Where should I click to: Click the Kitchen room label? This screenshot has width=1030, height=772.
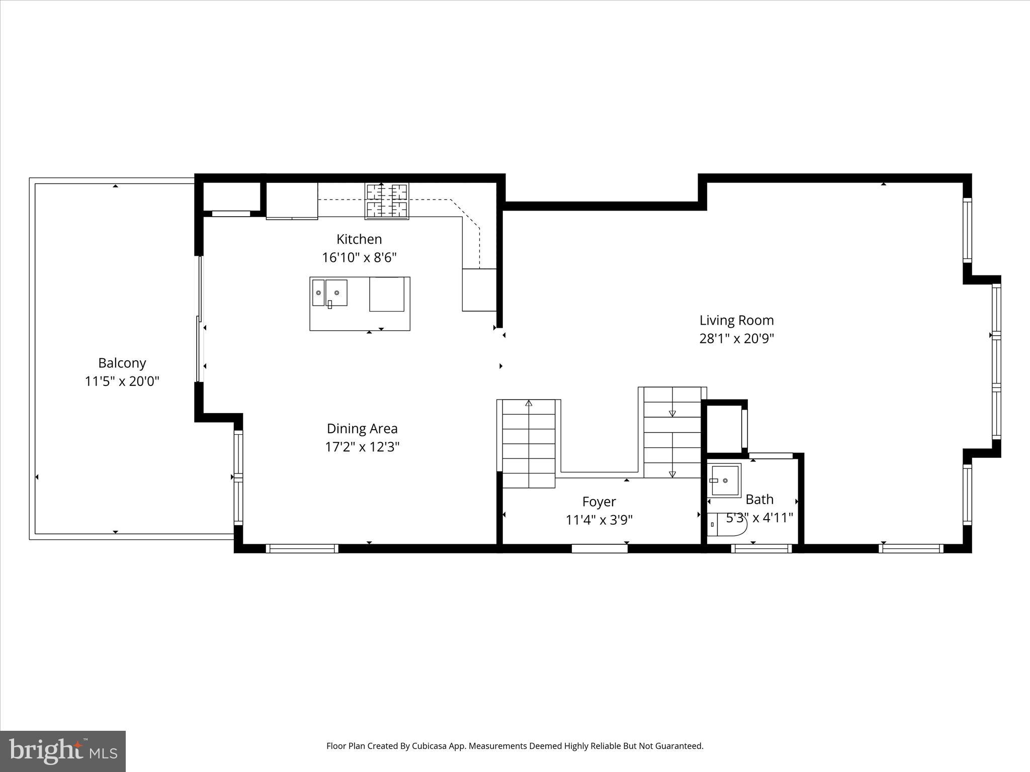tap(359, 239)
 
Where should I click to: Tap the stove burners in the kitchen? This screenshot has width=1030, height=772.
tap(387, 201)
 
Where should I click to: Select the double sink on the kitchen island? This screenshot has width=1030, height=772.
tap(329, 293)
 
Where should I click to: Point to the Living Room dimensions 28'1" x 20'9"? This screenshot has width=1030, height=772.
tap(736, 339)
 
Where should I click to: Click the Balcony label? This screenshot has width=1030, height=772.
tap(122, 363)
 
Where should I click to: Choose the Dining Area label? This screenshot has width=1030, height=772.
tap(362, 429)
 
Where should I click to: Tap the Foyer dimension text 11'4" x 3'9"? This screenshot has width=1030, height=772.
tap(599, 520)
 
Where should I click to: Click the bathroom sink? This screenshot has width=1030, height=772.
tap(724, 480)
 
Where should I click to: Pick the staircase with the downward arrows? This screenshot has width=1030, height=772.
tap(672, 432)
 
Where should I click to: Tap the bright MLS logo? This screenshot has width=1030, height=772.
tap(63, 751)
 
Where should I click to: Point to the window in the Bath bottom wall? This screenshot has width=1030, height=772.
tap(761, 549)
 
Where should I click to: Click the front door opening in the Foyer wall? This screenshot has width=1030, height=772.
tap(599, 549)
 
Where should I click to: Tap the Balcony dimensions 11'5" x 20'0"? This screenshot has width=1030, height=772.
tap(122, 381)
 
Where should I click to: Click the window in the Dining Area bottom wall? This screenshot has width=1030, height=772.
tap(302, 549)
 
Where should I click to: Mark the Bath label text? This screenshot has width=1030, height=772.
tap(759, 500)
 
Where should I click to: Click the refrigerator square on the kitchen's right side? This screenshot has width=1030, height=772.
tap(479, 290)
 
